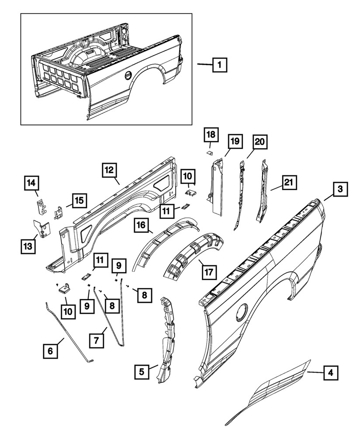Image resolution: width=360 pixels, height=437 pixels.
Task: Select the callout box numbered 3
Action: click(x=340, y=190)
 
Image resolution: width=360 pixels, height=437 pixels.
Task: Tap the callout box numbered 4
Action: click(x=331, y=373)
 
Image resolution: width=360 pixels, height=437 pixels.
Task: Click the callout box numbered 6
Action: click(x=50, y=351)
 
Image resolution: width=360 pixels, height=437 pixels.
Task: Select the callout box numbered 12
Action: click(x=110, y=169)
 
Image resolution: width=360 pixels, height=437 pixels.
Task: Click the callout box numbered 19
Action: click(x=234, y=141)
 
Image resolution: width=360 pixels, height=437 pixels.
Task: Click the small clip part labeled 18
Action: click(x=209, y=152)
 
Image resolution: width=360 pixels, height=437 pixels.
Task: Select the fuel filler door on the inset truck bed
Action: click(x=128, y=76)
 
